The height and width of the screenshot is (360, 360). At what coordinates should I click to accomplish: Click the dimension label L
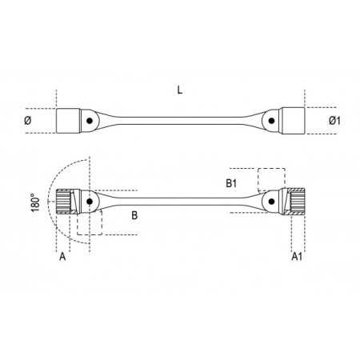coord(180,90)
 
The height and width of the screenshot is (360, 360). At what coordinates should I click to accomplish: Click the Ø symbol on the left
coord(27,121)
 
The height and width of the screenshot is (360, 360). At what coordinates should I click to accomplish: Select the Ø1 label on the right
coord(334,121)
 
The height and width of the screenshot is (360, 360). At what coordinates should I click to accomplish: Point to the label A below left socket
coord(62,257)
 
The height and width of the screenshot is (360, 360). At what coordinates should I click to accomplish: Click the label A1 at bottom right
coord(297,257)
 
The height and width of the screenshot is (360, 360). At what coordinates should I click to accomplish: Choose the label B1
coord(231,183)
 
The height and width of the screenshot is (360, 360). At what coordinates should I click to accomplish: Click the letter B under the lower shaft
coord(134,215)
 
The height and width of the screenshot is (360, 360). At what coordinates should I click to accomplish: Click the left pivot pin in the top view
coord(90,121)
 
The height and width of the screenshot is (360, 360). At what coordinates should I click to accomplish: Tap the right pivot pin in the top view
coord(271,121)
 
